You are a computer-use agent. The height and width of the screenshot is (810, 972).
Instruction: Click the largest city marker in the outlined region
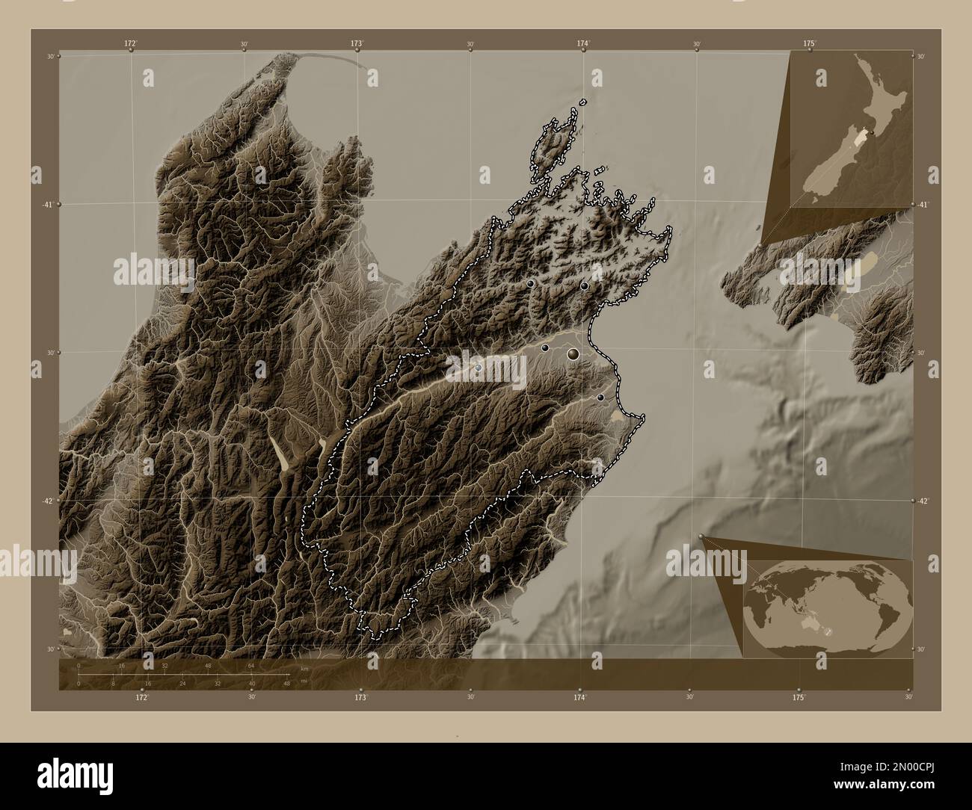(573, 353)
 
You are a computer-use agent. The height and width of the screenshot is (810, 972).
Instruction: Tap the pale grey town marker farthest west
(478, 367)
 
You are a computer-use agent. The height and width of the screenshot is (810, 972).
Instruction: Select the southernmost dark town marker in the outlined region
(600, 398)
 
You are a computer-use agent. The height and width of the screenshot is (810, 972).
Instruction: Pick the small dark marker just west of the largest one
(545, 347)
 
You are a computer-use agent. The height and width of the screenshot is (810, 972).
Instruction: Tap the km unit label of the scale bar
(304, 668)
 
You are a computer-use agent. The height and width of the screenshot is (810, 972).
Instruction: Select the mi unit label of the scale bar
(304, 681)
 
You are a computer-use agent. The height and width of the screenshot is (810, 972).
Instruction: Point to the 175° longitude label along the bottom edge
(799, 697)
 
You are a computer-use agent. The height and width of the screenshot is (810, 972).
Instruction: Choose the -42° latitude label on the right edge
(924, 501)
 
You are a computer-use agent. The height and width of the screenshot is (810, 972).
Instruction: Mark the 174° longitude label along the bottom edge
(579, 697)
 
